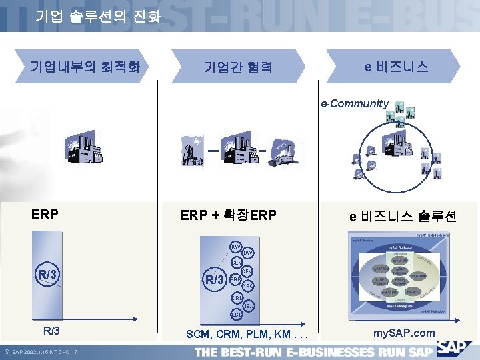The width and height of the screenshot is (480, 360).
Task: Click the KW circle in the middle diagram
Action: click(x=235, y=247)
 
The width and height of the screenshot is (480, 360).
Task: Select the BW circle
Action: click(x=247, y=253)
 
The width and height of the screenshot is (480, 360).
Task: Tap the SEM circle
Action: click(x=236, y=263)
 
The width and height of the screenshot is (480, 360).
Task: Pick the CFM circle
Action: click(x=247, y=272)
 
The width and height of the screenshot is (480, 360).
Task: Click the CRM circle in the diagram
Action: click(x=237, y=298)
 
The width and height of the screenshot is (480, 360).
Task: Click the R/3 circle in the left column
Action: click(x=47, y=275)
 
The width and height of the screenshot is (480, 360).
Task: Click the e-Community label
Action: click(x=355, y=103)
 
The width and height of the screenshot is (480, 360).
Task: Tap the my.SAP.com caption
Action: click(x=405, y=333)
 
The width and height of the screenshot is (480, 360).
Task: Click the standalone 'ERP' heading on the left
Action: click(x=45, y=215)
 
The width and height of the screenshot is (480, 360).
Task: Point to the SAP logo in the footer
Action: click(x=456, y=349)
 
